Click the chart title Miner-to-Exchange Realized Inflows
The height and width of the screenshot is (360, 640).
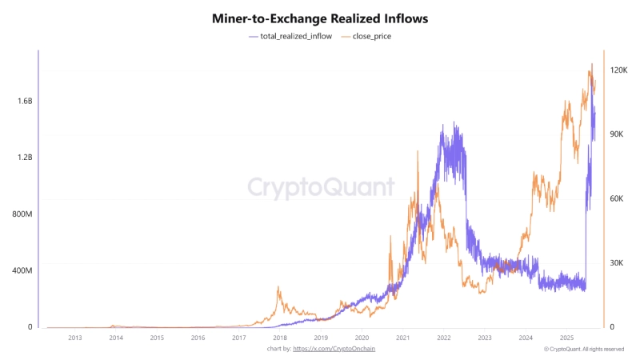click(x=320, y=18)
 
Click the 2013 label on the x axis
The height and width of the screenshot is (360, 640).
click(x=74, y=338)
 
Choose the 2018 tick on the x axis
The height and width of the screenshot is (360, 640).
click(x=280, y=338)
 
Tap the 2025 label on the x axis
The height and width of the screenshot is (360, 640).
click(x=566, y=338)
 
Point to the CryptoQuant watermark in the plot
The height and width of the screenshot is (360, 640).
click(x=320, y=187)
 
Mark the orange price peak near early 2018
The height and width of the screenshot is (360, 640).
click(x=278, y=287)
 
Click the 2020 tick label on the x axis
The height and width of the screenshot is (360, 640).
click(x=362, y=338)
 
